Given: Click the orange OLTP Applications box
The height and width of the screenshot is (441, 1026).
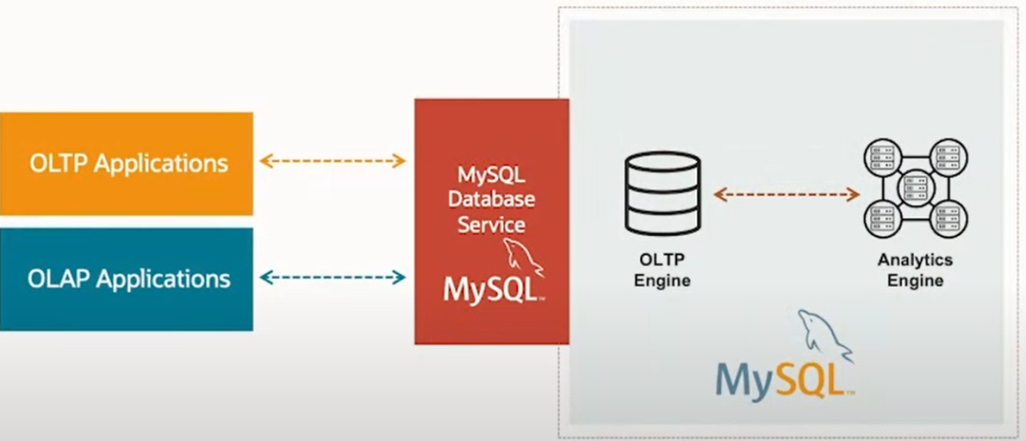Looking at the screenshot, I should tap(126, 163).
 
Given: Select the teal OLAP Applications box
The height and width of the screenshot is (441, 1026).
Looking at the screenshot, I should tap(126, 278).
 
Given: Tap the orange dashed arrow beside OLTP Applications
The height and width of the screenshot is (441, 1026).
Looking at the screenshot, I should tap(332, 161).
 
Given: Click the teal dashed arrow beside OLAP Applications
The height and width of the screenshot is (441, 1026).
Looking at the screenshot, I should tap(332, 278).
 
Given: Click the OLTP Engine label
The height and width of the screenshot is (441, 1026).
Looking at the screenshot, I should tap(662, 269).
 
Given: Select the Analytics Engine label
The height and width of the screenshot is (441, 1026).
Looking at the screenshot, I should tap(915, 269).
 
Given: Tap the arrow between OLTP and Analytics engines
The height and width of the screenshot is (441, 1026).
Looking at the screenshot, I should tap(786, 194).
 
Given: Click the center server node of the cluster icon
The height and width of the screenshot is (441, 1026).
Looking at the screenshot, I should tap(915, 188).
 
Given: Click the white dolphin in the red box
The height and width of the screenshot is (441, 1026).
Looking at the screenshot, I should tap(523, 257).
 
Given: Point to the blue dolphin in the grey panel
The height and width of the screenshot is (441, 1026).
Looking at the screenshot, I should tap(823, 334).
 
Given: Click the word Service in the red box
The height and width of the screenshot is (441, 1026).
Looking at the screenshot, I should tap(491, 225).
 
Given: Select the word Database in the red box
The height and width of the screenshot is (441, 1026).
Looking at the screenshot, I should tap(491, 201).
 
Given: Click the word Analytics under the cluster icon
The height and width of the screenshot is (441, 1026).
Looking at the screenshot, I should tap(915, 259).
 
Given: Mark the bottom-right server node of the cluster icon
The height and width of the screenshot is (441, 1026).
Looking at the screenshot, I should tap(948, 220).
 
